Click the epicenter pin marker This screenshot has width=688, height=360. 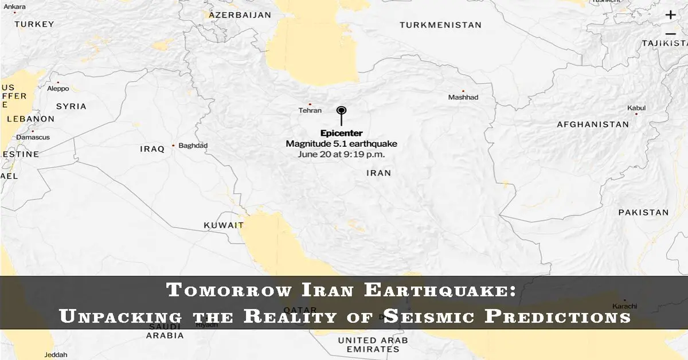[x=342, y=111]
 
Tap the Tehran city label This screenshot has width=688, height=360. [x=310, y=111]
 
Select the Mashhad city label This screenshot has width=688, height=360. [x=463, y=97]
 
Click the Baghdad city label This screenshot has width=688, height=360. [x=193, y=146]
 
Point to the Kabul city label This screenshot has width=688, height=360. [x=636, y=108]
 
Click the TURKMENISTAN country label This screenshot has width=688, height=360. [x=440, y=25]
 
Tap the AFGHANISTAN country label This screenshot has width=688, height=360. [x=593, y=124]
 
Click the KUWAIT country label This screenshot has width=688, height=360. [x=224, y=225]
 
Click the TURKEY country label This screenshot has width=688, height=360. [x=34, y=24]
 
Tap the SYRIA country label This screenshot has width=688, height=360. [x=71, y=106]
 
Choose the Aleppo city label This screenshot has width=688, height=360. [x=58, y=89]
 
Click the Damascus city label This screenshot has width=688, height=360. [x=33, y=138]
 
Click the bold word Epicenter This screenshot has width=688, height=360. [x=341, y=134]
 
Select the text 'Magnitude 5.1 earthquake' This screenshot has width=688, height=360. [x=341, y=144]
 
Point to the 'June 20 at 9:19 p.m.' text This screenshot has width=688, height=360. [x=341, y=154]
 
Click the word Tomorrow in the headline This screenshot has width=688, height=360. [x=228, y=290]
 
